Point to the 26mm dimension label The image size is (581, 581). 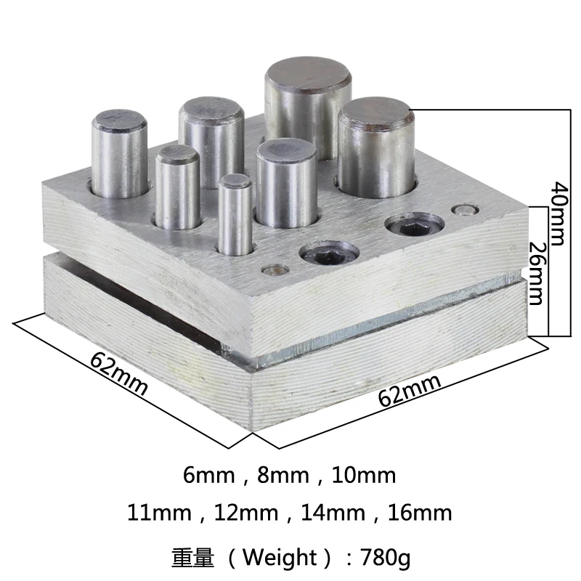pyautogui.click(x=536, y=272)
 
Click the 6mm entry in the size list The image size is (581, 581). pyautogui.click(x=209, y=476)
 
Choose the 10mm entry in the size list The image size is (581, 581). pyautogui.click(x=363, y=476)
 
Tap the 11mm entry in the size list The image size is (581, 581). pyautogui.click(x=158, y=513)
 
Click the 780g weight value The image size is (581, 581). pyautogui.click(x=382, y=558)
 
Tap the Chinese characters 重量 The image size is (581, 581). pyautogui.click(x=192, y=558)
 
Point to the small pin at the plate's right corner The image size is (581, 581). pyautogui.click(x=460, y=211)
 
